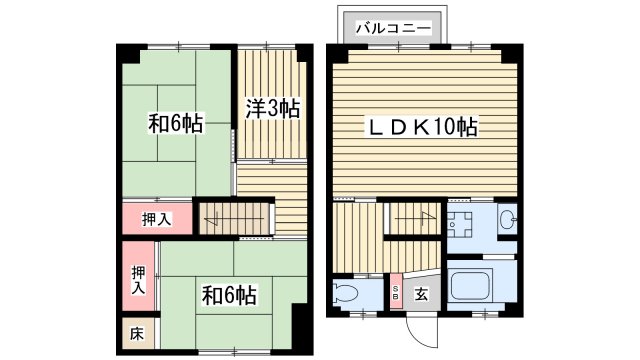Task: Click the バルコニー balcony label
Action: click(x=391, y=26)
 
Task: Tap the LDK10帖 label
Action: click(x=425, y=127)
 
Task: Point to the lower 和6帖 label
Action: click(x=230, y=295)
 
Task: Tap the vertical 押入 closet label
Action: click(x=138, y=277)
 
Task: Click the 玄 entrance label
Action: click(x=422, y=295)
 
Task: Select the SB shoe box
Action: click(x=396, y=292)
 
